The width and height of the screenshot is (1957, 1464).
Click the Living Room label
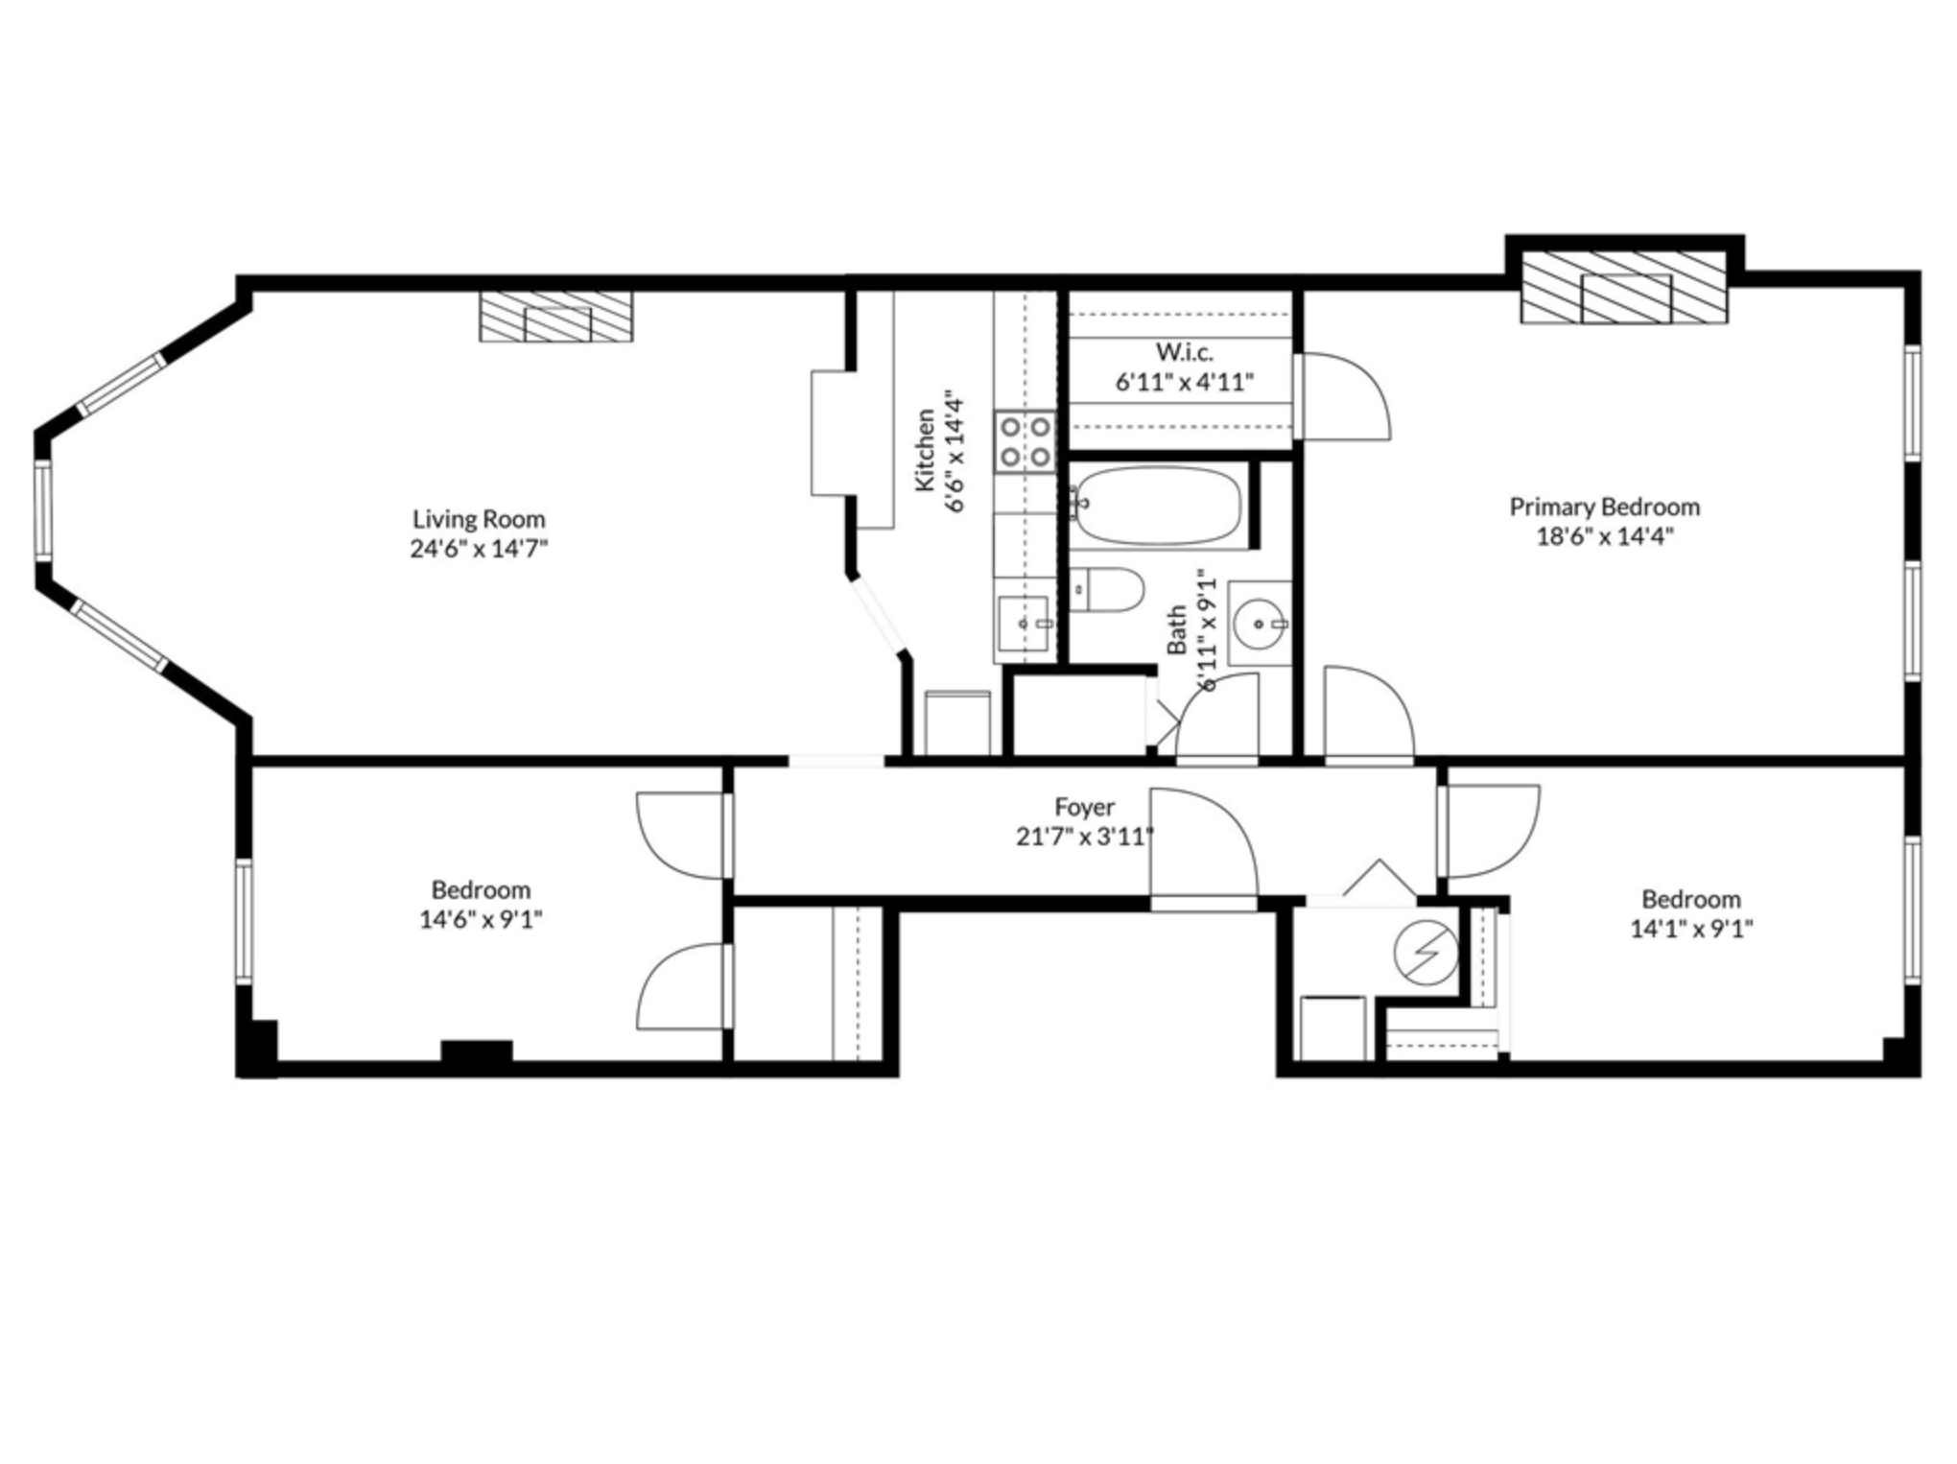479,519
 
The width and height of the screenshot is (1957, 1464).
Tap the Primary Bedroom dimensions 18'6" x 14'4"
1605,536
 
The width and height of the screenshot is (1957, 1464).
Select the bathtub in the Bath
1158,506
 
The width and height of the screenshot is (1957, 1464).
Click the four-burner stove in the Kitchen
1025,441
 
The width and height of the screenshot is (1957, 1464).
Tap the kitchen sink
1023,624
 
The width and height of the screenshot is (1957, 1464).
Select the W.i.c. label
1184,352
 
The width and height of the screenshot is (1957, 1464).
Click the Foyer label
1084,807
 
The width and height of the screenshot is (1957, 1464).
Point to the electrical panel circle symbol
1426,953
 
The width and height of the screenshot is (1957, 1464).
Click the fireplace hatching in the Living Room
556,317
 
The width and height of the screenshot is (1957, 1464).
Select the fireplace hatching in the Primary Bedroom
1625,288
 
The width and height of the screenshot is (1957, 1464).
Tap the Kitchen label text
925,451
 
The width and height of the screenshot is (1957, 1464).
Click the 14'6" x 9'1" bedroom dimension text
481,920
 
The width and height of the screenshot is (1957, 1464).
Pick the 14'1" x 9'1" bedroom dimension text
1691,929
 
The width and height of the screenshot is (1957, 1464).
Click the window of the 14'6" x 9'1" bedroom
245,921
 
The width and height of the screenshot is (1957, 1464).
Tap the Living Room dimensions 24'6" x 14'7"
479,550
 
